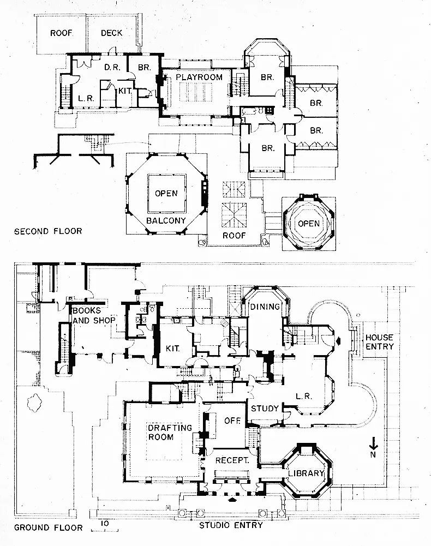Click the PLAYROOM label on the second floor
click(x=199, y=77)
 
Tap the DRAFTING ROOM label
click(x=170, y=433)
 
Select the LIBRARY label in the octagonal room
click(x=306, y=473)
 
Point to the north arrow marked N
click(x=374, y=447)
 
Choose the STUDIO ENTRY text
click(x=231, y=525)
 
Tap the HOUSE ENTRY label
click(x=379, y=342)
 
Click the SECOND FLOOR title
click(x=48, y=231)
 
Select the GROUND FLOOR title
click(x=48, y=527)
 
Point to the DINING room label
click(x=265, y=307)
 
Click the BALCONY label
click(x=166, y=221)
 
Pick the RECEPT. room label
click(x=232, y=460)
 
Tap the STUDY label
click(x=265, y=408)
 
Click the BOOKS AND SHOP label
click(x=93, y=316)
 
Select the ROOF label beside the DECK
click(x=62, y=33)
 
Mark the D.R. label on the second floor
click(x=112, y=68)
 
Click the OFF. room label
click(x=231, y=421)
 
